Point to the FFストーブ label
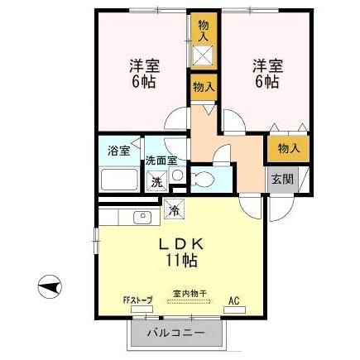pyautogui.click(x=137, y=300)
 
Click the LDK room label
pyautogui.click(x=180, y=243)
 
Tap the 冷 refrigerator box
pyautogui.click(x=174, y=210)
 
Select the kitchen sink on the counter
pyautogui.click(x=140, y=218)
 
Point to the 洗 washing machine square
pyautogui.click(x=156, y=181)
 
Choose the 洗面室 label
pyautogui.click(x=161, y=161)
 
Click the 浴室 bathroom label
pyautogui.click(x=118, y=151)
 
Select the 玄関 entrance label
pyautogui.click(x=279, y=178)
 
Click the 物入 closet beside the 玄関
pyautogui.click(x=288, y=148)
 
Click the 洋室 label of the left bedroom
pyautogui.click(x=143, y=65)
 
